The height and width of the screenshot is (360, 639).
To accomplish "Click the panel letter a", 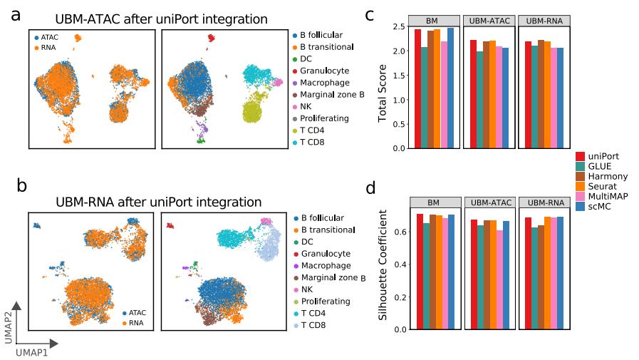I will pos(16,15).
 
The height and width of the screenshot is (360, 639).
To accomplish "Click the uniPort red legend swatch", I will pos(580,156).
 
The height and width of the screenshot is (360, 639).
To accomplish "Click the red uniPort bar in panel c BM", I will pos(417,88).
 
